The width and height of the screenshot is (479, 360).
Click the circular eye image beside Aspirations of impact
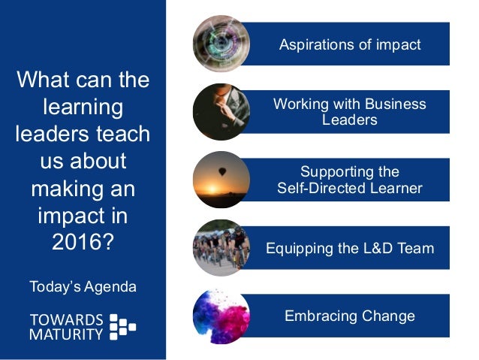221,44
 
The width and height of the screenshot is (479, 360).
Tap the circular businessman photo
221,112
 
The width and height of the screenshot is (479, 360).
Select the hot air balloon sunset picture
221,180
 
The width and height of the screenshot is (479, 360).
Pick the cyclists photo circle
221,247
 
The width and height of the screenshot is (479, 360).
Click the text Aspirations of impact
350,44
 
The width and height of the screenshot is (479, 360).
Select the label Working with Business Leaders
350,111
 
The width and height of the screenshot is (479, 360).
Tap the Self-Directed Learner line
350,188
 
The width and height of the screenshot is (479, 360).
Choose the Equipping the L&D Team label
350,248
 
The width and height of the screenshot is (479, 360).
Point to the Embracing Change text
350,316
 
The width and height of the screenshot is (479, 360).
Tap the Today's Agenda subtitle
83,286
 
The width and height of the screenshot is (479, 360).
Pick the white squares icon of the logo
123,326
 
